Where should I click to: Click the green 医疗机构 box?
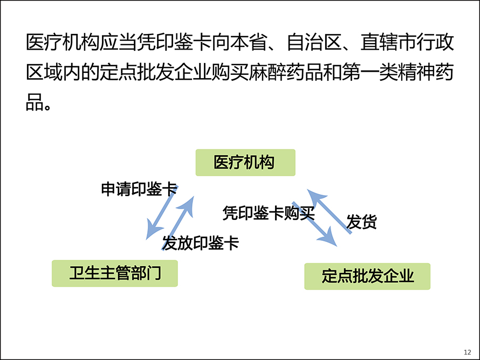[x=245, y=162]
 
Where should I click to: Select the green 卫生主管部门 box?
[x=115, y=273]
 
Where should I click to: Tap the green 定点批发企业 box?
[x=367, y=276]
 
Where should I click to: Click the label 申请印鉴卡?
[x=139, y=189]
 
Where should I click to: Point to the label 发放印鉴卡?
[x=201, y=243]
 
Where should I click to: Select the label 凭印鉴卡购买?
[x=269, y=213]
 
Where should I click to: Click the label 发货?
[x=361, y=221]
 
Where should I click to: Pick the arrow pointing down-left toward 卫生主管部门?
[x=162, y=213]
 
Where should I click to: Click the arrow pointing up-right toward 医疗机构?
[x=178, y=223]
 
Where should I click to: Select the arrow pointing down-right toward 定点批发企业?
[x=315, y=224]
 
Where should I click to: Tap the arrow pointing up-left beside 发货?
[x=329, y=211]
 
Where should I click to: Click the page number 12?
[x=468, y=352]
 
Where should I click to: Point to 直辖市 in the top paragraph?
[x=388, y=42]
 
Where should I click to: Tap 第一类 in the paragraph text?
[x=369, y=73]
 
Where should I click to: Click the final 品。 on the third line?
[x=38, y=102]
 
